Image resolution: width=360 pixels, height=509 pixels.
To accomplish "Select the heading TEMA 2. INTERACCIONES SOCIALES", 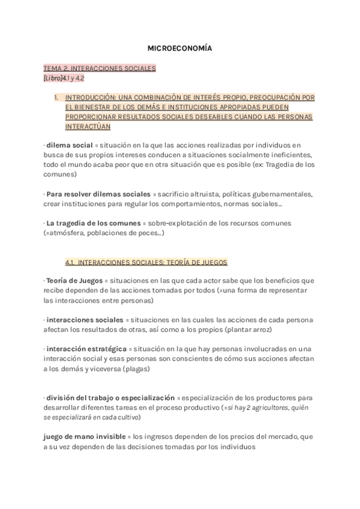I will (100, 68).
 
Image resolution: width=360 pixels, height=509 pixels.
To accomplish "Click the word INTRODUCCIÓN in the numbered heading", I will (92, 97).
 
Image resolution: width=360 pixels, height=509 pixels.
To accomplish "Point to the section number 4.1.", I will (70, 262).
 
